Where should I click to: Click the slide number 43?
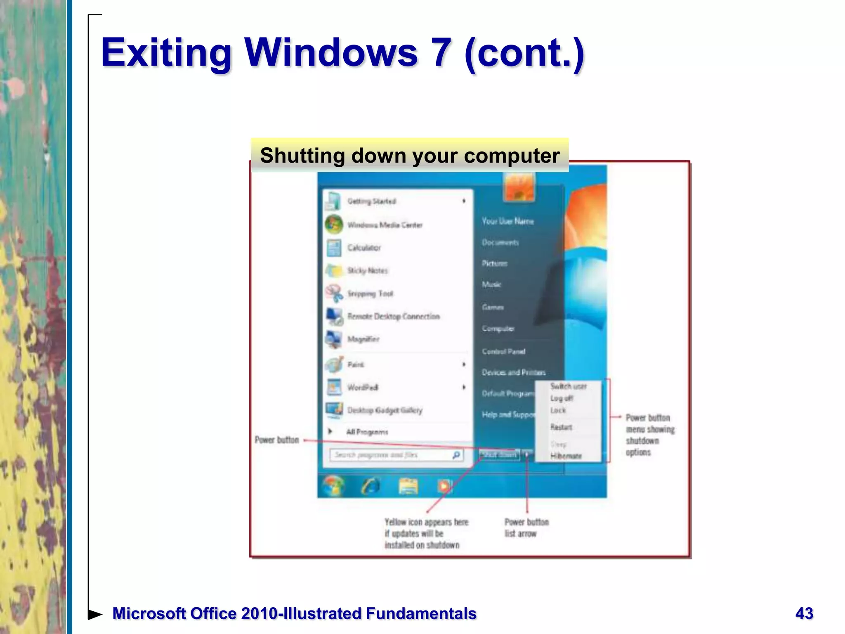click(x=804, y=613)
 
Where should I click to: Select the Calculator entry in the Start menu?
click(x=364, y=248)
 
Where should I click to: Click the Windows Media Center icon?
click(x=333, y=225)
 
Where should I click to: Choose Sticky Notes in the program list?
click(x=367, y=271)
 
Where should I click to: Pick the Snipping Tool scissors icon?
click(x=334, y=293)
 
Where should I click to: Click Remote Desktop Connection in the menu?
click(x=393, y=317)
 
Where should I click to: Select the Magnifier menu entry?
click(x=363, y=339)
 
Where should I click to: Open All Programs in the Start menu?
click(x=367, y=432)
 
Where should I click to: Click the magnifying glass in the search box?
click(x=456, y=455)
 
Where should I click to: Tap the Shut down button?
click(x=499, y=455)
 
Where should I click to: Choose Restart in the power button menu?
click(x=561, y=427)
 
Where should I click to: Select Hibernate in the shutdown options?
click(x=566, y=456)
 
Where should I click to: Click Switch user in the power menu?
click(x=568, y=386)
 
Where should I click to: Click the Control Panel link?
click(x=503, y=352)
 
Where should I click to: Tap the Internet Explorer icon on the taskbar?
click(x=370, y=487)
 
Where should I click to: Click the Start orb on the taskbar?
click(x=334, y=486)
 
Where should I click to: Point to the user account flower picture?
click(x=519, y=187)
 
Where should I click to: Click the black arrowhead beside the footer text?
click(x=95, y=614)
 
